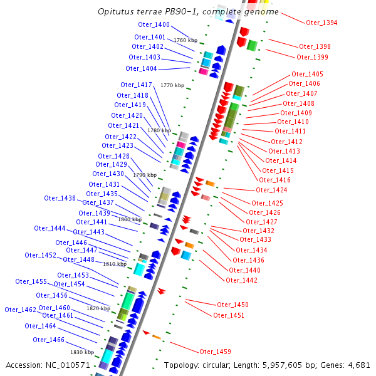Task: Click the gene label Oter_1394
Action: coord(321,23)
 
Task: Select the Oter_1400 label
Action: coord(154,24)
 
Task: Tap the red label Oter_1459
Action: coord(215,352)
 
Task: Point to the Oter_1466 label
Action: coord(48,340)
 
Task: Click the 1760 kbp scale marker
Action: coord(185,40)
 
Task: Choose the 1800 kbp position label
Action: coord(130,219)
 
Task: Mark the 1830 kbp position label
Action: coord(81,352)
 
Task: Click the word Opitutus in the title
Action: coord(119,12)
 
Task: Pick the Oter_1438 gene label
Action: coord(60,198)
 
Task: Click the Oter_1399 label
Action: coord(312,57)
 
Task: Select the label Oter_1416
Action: coord(276,180)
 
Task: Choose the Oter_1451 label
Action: coord(229,315)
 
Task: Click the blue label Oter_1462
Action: coord(20,310)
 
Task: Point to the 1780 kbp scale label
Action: coord(159,130)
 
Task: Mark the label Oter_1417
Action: coord(136,85)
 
